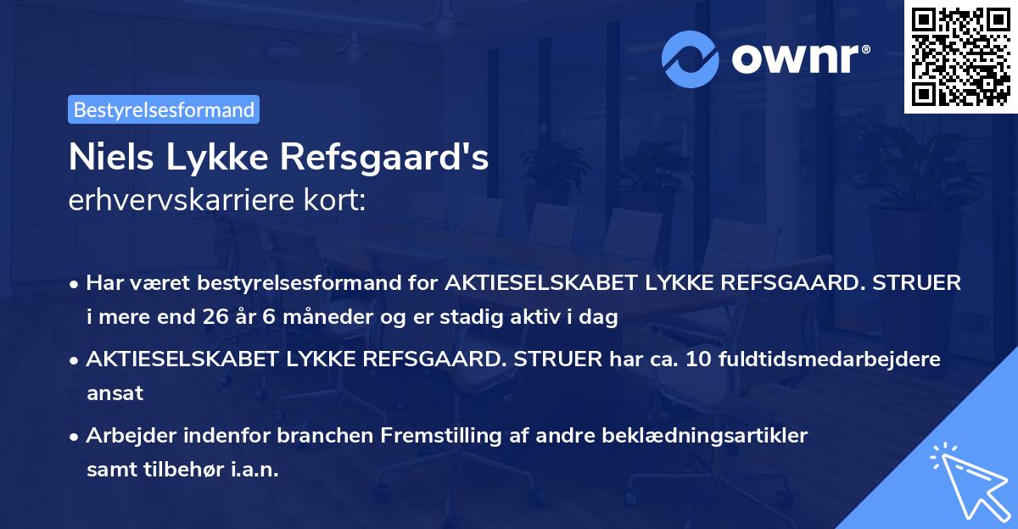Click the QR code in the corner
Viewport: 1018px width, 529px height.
(959, 56)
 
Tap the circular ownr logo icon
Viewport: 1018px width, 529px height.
(690, 58)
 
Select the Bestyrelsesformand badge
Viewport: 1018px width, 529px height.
(164, 109)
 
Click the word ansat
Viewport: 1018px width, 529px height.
(115, 393)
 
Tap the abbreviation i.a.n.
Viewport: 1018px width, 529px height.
(251, 470)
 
